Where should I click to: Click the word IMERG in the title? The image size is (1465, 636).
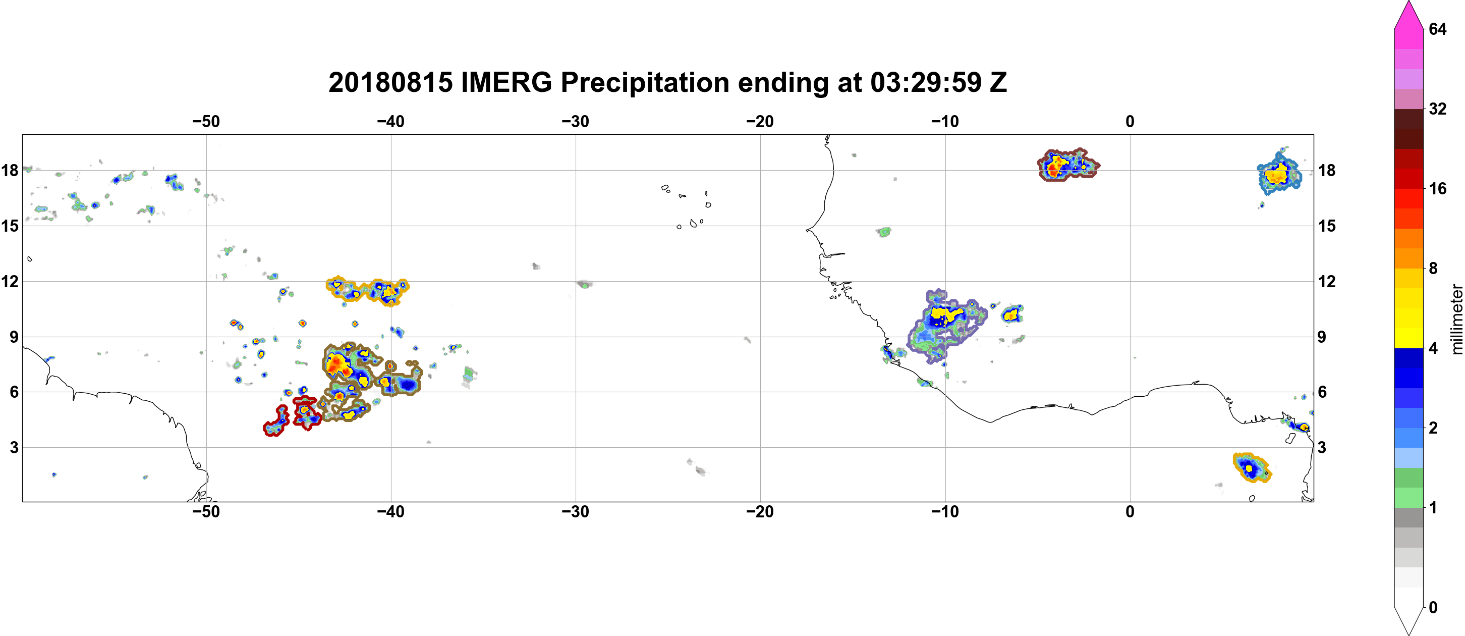pos(506,82)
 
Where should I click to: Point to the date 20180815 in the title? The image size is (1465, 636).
pos(390,82)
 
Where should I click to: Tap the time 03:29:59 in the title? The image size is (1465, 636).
pos(926,82)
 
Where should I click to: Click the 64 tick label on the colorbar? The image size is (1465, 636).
pos(1437,29)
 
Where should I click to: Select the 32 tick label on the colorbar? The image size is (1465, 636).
pos(1437,109)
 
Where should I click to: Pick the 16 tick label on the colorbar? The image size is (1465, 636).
pos(1437,188)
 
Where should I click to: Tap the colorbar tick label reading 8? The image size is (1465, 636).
pos(1433,268)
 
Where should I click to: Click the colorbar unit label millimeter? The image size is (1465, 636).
pos(1456,319)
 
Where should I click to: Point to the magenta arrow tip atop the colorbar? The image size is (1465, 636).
pos(1408,3)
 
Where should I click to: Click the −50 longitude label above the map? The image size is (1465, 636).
pos(206,121)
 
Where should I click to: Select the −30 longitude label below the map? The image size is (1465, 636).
pos(576,511)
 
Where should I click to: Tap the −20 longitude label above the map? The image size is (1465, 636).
pos(760,121)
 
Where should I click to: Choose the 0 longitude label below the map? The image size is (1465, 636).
pos(1130,511)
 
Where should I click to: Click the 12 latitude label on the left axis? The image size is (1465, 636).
pos(10,281)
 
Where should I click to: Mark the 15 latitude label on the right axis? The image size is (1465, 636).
pos(1327,226)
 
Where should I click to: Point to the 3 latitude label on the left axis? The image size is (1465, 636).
pos(14,447)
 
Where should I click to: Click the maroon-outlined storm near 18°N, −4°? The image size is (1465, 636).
pos(1068,165)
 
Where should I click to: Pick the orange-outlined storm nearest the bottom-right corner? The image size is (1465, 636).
pos(1251,467)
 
